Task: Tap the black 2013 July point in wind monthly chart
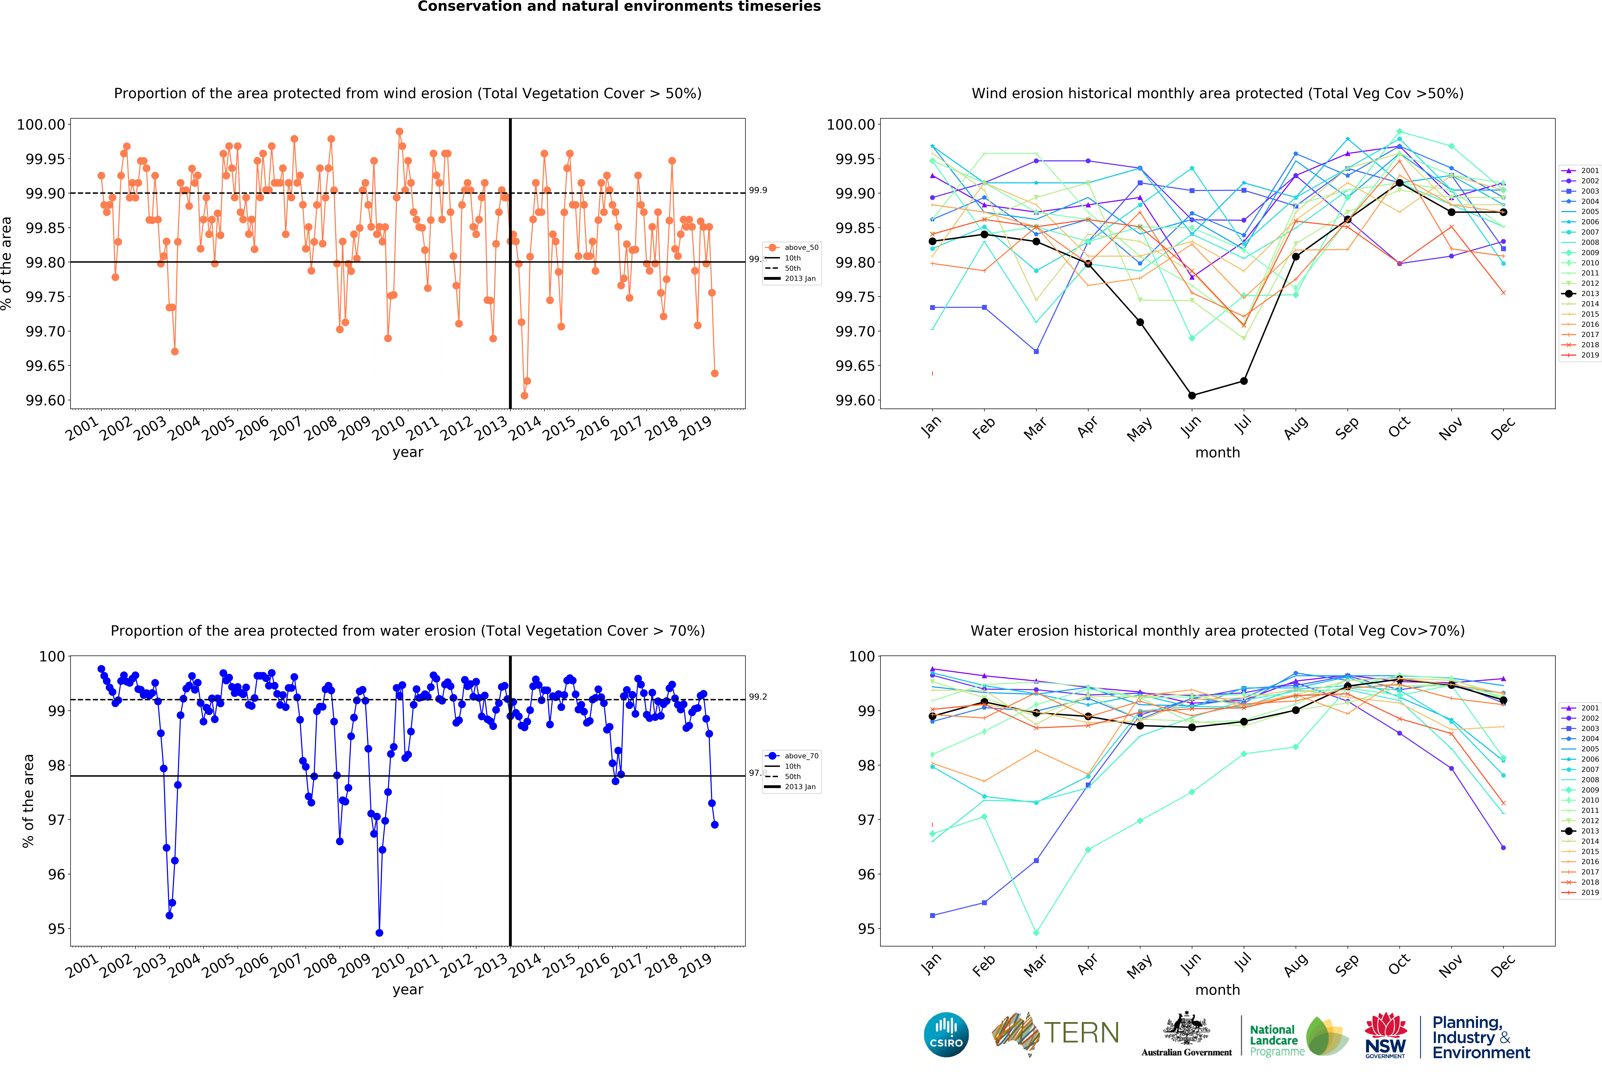(x=1244, y=381)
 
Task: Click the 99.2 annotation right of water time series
(x=758, y=697)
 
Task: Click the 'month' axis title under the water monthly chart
(x=1217, y=990)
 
